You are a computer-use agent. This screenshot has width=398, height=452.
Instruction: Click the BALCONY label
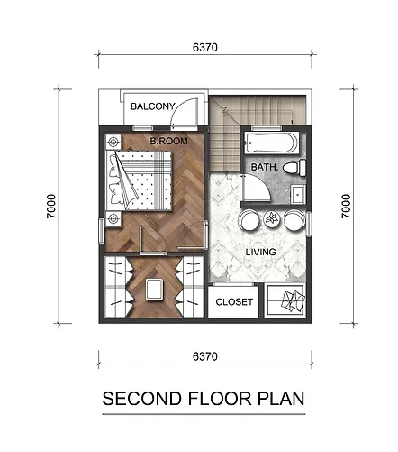153,106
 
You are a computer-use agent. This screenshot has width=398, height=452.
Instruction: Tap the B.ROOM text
169,141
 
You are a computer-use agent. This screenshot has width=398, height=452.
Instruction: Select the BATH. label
265,167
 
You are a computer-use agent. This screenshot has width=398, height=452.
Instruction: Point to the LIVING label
260,252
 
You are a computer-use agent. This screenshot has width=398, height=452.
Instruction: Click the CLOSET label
234,301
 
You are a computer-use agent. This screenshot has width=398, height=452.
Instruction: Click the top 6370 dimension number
205,48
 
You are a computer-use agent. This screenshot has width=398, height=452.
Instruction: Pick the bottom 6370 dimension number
205,356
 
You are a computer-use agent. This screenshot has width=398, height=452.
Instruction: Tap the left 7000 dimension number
51,207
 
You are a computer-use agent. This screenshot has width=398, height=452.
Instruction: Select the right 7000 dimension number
346,207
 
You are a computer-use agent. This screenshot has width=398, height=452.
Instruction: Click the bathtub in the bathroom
272,143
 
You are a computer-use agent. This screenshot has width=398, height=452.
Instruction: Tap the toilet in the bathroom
294,168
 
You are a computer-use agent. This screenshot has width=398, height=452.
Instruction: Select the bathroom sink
298,195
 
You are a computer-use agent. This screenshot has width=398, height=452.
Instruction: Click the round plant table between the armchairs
272,218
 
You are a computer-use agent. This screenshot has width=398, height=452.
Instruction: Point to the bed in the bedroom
139,180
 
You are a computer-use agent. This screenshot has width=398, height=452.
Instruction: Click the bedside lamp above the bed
113,142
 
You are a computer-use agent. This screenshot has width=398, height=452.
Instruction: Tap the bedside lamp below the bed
113,219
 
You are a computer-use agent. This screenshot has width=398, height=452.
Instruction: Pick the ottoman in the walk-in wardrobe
155,290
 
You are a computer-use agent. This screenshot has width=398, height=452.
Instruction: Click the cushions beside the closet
293,300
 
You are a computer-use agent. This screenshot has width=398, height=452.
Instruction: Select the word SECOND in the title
142,399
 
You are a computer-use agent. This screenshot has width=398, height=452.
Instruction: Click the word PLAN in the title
281,399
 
